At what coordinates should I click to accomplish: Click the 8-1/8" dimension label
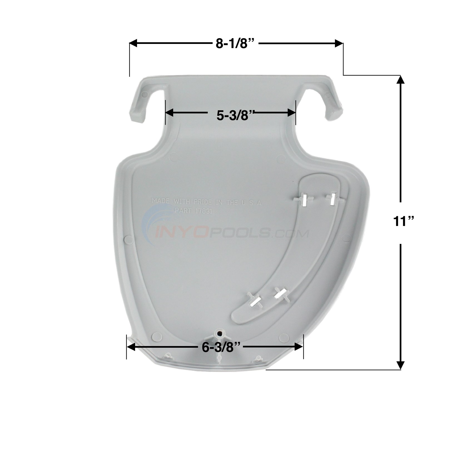235,44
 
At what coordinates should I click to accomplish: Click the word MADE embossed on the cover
160,201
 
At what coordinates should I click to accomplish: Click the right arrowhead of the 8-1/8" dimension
339,43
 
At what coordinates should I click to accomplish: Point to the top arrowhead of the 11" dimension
400,80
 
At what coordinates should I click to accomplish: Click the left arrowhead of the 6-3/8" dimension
131,347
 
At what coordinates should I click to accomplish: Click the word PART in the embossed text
183,211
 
